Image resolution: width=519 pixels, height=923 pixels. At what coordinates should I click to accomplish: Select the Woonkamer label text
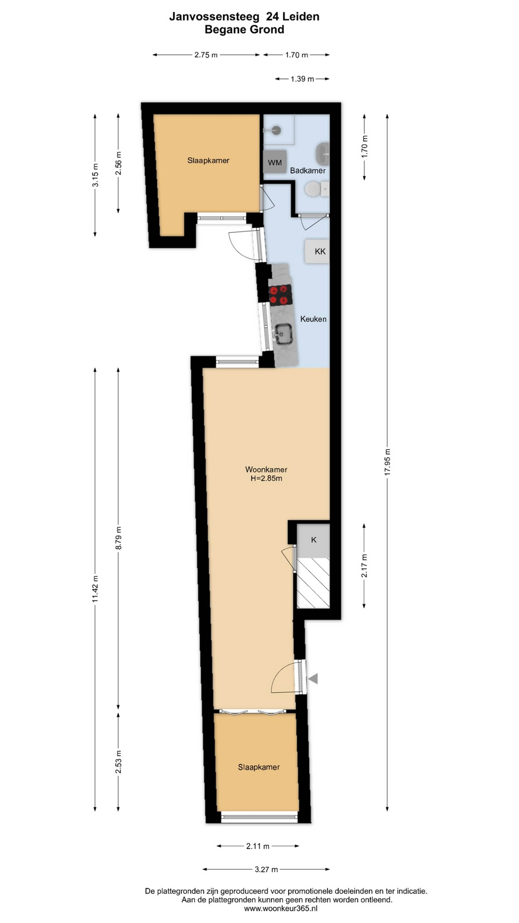click(x=266, y=469)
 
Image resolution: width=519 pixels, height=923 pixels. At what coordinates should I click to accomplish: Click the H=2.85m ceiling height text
click(x=266, y=478)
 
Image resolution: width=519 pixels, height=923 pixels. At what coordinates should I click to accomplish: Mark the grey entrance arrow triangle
click(x=313, y=678)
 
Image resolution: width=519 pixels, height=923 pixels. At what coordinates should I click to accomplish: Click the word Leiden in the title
click(x=300, y=16)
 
